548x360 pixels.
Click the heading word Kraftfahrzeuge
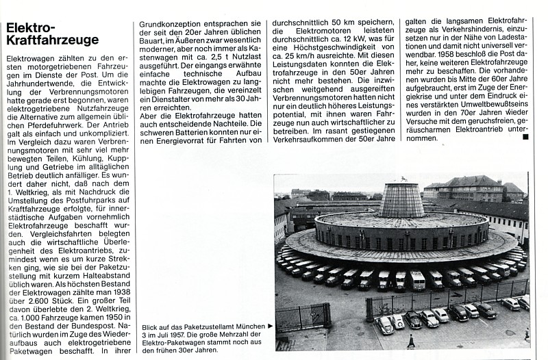(x=52, y=41)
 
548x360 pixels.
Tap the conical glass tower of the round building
(x=402, y=199)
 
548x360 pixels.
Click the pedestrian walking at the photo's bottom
(x=410, y=340)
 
